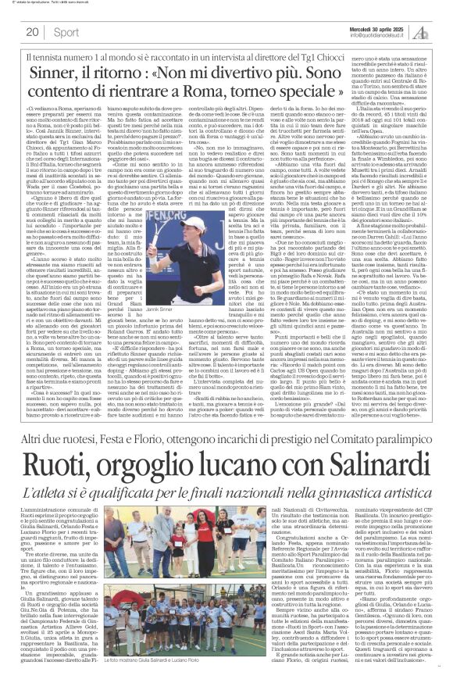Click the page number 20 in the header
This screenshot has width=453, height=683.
(x=34, y=32)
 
